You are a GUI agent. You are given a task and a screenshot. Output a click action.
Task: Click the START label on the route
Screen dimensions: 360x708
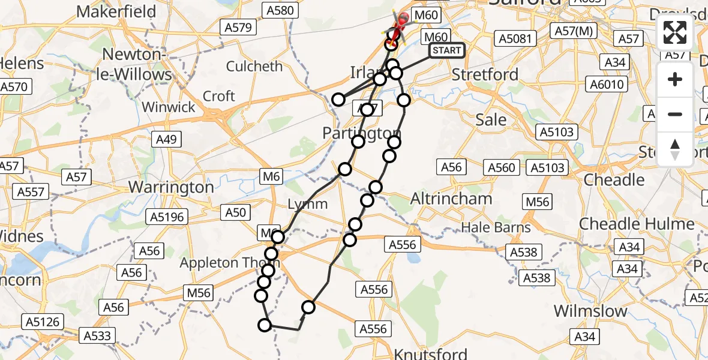tap(447, 50)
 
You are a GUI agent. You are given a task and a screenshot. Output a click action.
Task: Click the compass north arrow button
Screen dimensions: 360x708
tap(675, 149)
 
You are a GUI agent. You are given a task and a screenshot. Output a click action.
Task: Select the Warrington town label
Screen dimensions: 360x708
tap(171, 187)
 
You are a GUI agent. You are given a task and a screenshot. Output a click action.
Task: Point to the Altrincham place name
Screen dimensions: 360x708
tap(451, 199)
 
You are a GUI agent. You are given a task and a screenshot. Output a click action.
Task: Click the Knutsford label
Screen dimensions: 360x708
tap(431, 353)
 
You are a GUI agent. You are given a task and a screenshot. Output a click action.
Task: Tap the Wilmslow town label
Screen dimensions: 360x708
tap(590, 311)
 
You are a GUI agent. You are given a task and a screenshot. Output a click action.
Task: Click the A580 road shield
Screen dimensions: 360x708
tap(279, 10)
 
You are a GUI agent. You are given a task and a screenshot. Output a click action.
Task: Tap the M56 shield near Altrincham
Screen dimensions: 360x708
tap(537, 202)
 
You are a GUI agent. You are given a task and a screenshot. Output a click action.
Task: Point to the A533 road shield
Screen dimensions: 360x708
tap(98, 336)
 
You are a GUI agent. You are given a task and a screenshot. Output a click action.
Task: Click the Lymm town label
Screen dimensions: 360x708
tap(308, 204)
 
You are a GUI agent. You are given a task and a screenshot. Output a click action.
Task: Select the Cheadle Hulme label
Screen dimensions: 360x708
tap(637, 224)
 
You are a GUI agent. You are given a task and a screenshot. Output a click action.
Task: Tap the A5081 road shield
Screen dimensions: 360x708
tap(515, 39)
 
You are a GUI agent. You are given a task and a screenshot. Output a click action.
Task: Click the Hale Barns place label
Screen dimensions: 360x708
tap(496, 227)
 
